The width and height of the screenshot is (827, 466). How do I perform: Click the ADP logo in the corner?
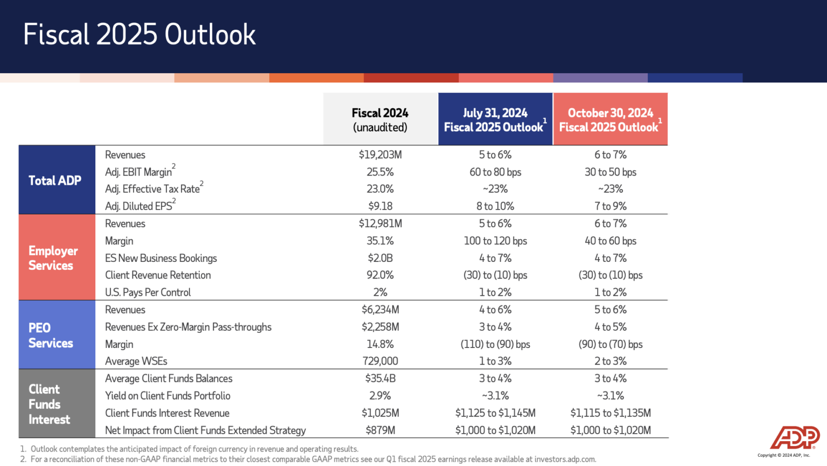click(x=795, y=437)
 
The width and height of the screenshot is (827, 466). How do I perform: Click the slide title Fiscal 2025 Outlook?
click(x=139, y=34)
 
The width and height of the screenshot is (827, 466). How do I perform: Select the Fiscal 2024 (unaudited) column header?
click(x=380, y=120)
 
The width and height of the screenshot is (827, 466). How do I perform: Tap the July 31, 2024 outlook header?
click(x=495, y=120)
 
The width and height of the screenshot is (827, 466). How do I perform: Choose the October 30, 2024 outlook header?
click(x=610, y=120)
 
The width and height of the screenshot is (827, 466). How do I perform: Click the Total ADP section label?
click(x=55, y=180)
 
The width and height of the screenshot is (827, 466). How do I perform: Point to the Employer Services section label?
click(x=53, y=258)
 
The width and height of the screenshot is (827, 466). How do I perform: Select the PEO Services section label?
click(x=51, y=335)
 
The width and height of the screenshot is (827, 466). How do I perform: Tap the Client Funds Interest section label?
click(x=49, y=404)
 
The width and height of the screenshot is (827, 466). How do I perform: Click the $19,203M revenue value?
click(x=380, y=155)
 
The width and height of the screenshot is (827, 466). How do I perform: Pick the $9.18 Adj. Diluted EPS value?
click(x=380, y=206)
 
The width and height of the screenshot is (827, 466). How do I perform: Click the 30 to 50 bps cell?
click(x=610, y=172)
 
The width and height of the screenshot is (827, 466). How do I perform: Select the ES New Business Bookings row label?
click(x=161, y=258)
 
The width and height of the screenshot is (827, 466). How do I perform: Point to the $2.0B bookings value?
click(x=380, y=258)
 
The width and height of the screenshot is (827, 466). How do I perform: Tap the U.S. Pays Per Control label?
click(x=148, y=293)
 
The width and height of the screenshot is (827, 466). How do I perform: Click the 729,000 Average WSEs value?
click(x=380, y=361)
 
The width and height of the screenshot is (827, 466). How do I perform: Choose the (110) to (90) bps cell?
click(x=495, y=344)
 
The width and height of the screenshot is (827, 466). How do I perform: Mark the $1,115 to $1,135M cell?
click(x=610, y=413)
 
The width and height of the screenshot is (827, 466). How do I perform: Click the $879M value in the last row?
click(x=380, y=430)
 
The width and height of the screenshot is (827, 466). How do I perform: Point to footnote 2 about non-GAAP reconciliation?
click(x=312, y=460)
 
